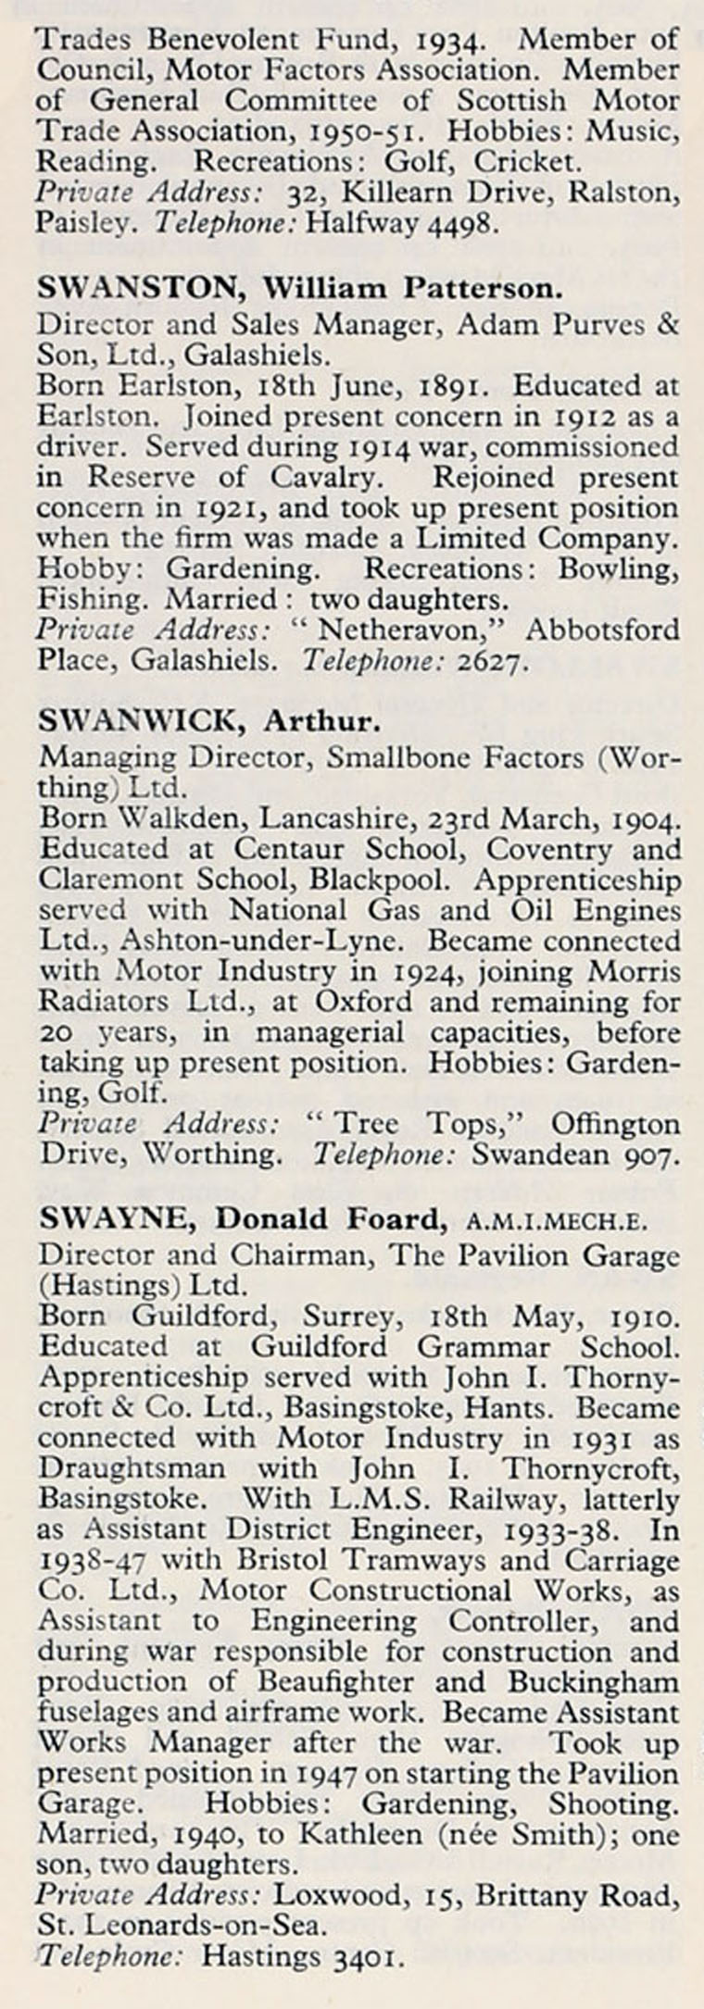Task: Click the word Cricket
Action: point(527,162)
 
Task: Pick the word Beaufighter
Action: point(333,1681)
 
